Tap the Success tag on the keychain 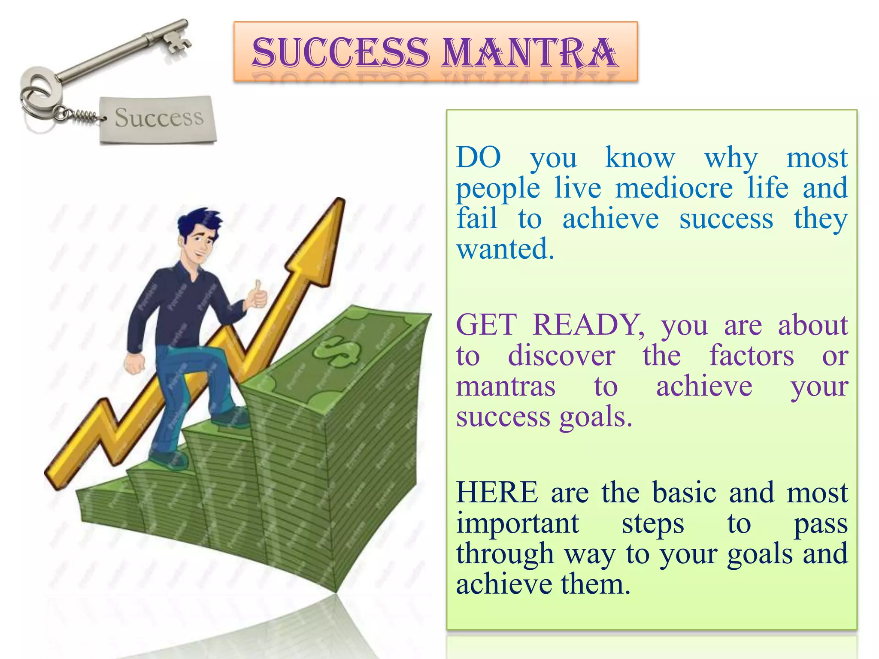pyautogui.click(x=158, y=118)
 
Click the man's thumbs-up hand pyautogui.click(x=258, y=296)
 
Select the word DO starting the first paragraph pyautogui.click(x=478, y=157)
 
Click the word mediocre pyautogui.click(x=674, y=188)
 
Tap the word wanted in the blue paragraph pyautogui.click(x=505, y=249)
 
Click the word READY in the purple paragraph pyautogui.click(x=588, y=325)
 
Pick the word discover pyautogui.click(x=561, y=356)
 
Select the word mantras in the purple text pyautogui.click(x=506, y=386)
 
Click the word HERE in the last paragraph pyautogui.click(x=497, y=492)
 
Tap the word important pyautogui.click(x=517, y=523)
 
